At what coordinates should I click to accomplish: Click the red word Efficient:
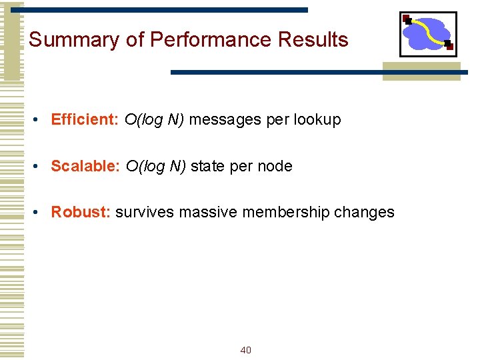pyautogui.click(x=85, y=120)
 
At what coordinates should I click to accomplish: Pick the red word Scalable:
pyautogui.click(x=85, y=166)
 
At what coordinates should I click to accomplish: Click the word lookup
pyautogui.click(x=317, y=120)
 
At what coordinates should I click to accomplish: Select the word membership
pyautogui.click(x=285, y=212)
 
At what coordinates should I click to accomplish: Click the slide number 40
pyautogui.click(x=245, y=350)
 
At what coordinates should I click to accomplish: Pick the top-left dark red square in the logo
pyautogui.click(x=406, y=19)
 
